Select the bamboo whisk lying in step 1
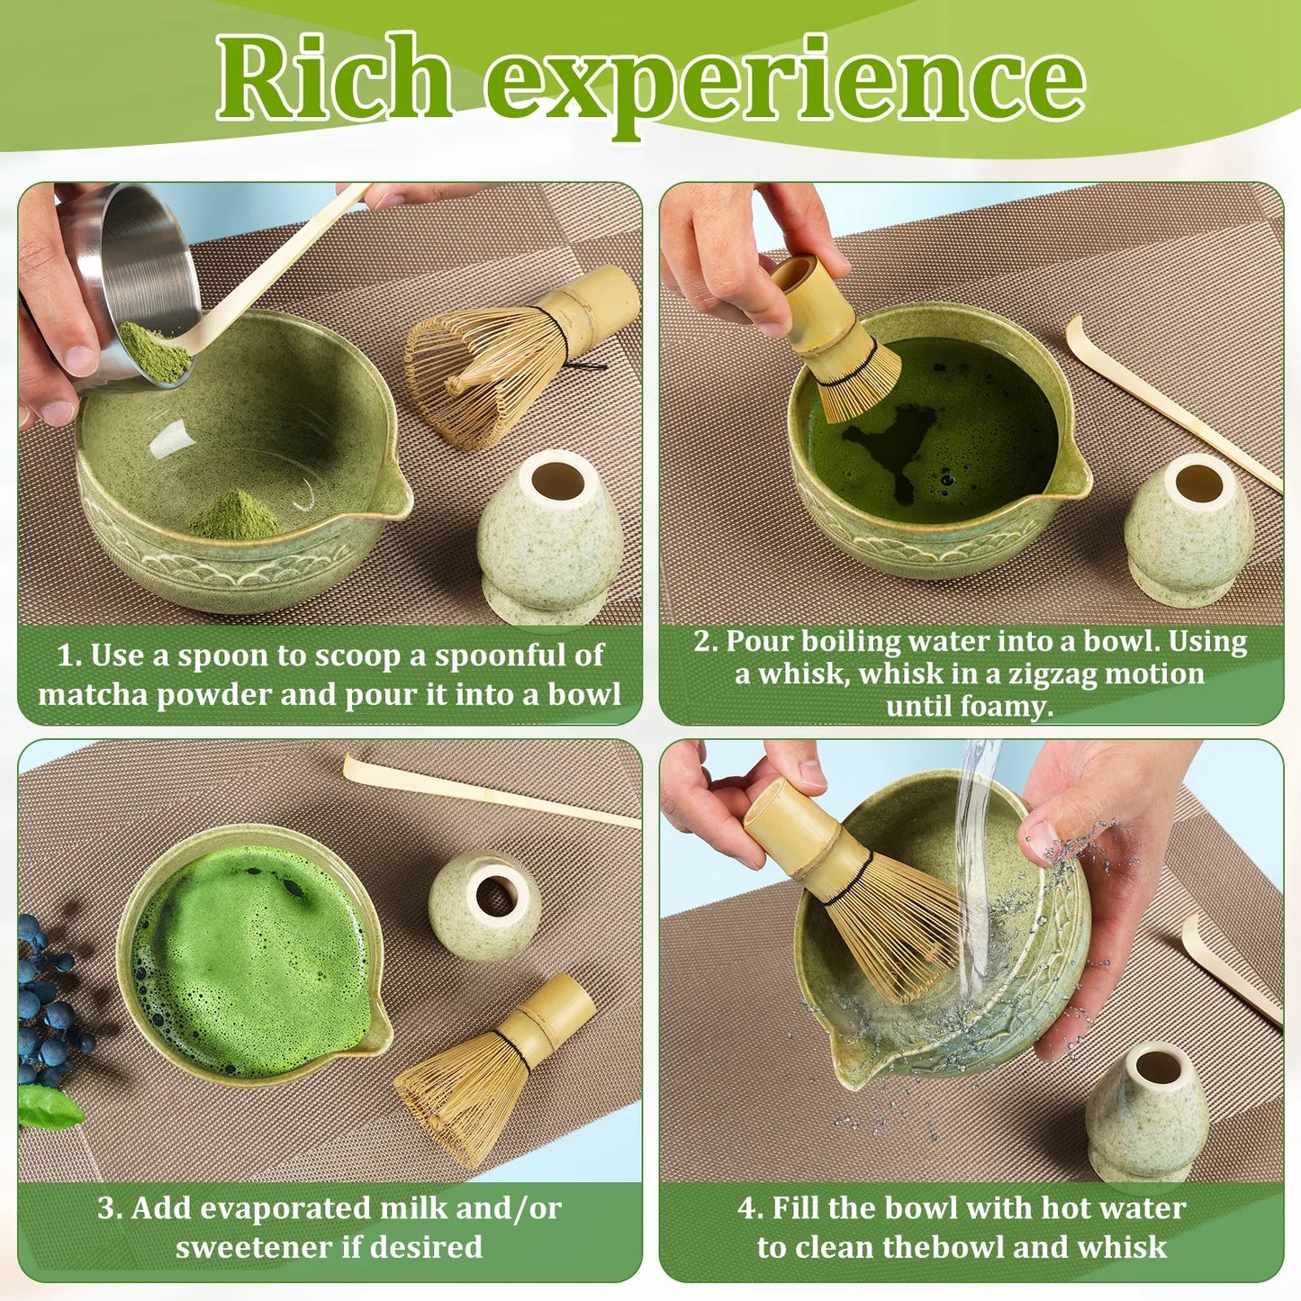tap(513, 356)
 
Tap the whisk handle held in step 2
tap(815, 302)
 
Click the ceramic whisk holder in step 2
tap(1188, 527)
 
